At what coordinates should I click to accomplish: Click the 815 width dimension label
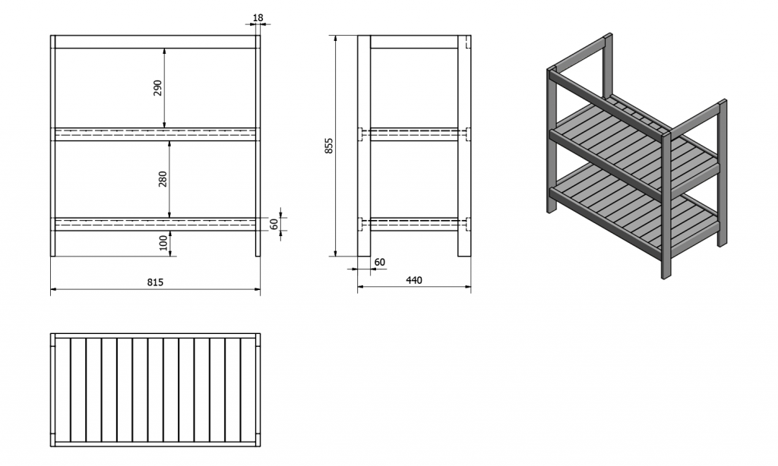pos(155,282)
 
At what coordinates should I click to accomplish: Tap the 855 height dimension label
pos(329,145)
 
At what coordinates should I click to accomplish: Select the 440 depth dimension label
pos(414,280)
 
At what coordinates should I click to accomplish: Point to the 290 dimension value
pos(157,88)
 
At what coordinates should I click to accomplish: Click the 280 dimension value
pos(163,179)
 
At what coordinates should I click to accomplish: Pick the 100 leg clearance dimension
pos(163,243)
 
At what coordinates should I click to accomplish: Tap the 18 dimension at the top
pos(258,18)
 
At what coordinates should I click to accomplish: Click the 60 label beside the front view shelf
pos(274,224)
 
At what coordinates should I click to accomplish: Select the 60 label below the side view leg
pos(380,262)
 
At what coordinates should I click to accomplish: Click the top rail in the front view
pos(155,42)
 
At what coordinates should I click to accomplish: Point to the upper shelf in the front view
pos(155,134)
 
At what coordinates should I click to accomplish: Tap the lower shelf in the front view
pos(155,224)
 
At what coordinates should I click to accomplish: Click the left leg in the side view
pos(364,146)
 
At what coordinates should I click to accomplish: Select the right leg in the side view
pos(464,146)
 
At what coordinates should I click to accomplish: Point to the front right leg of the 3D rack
pos(666,204)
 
